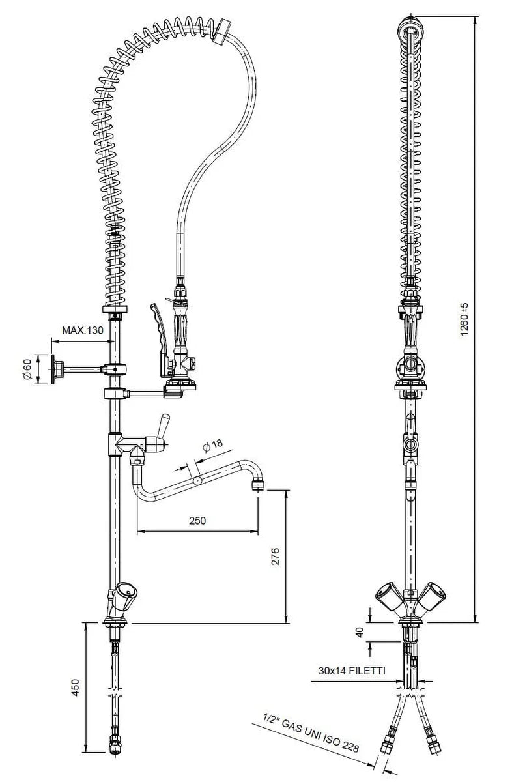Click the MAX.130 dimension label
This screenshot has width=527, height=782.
[83, 330]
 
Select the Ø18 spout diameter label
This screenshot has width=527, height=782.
[212, 445]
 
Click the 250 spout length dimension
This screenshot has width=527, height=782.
[197, 521]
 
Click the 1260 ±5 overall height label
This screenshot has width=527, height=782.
[464, 319]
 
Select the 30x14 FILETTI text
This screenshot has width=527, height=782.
[352, 671]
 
